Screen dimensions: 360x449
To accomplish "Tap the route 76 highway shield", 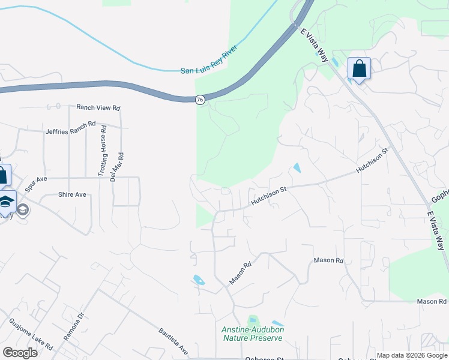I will point(200,100).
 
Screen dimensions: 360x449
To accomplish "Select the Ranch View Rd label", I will point(98,108).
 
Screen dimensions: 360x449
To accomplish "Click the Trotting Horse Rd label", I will point(104,146).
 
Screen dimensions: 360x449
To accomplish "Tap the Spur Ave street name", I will point(36,184).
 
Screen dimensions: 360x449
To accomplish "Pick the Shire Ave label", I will point(72,194).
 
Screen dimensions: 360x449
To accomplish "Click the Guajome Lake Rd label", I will point(31,336).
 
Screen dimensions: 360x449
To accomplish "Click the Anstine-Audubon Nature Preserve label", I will point(252,334).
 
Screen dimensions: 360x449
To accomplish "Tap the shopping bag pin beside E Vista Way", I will point(359,68).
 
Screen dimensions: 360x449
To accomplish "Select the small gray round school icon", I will point(23,209).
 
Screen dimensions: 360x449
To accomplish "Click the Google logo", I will point(20,353).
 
